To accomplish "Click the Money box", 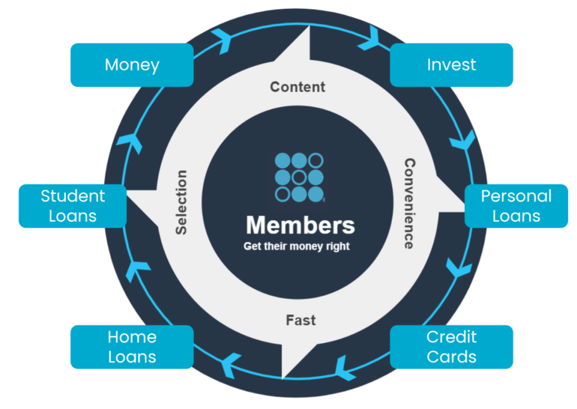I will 132,65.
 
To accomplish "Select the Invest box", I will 451,65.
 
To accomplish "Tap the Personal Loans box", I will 516,206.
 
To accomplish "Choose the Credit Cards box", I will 451,347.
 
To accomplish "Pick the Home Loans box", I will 132,347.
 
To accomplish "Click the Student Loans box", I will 73,206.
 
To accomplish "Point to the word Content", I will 298,86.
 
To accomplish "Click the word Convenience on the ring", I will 409,203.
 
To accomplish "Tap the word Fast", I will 301,320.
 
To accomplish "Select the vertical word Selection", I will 182,202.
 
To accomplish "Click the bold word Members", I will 300,225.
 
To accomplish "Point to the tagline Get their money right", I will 297,247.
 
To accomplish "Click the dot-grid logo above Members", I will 300,177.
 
